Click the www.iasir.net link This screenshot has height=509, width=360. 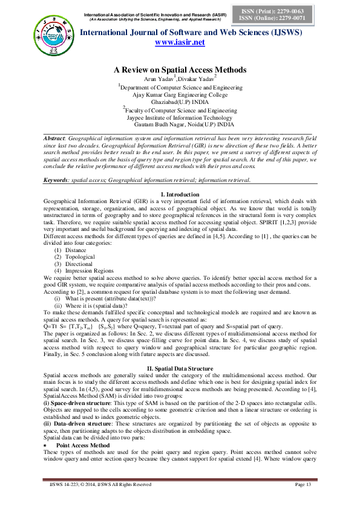pyautogui.click(x=180, y=42)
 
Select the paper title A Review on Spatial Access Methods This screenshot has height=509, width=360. pyautogui.click(x=180, y=70)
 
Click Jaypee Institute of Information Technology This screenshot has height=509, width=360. pyautogui.click(x=180, y=117)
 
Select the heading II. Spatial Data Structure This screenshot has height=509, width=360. pyautogui.click(x=180, y=351)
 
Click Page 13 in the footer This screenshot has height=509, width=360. pyautogui.click(x=303, y=501)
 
